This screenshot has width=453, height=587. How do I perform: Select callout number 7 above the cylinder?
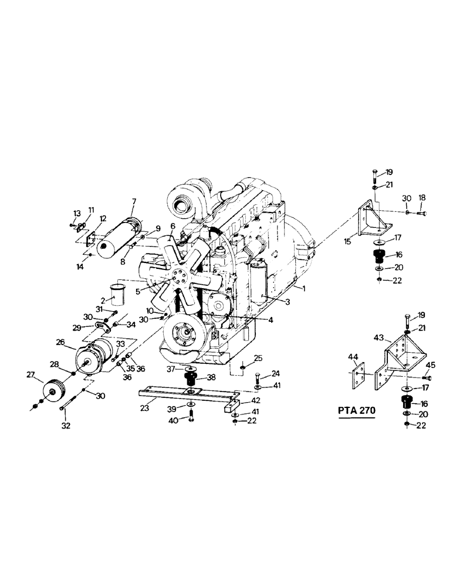click(134, 202)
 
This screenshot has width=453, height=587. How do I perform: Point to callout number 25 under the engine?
click(258, 358)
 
